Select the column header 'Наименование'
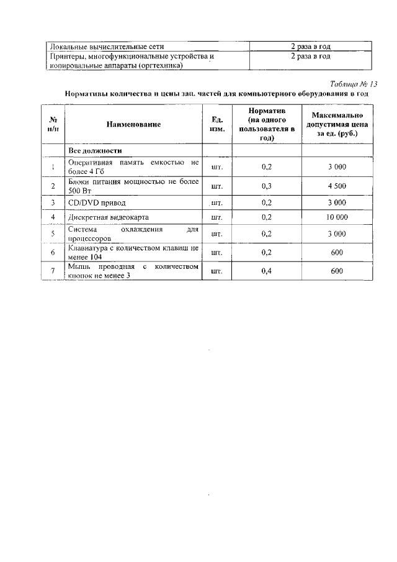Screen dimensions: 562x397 (x=133, y=124)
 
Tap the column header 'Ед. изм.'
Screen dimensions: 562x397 (x=217, y=124)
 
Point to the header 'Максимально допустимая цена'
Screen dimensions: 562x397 (x=337, y=124)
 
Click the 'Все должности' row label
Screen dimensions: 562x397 (x=94, y=150)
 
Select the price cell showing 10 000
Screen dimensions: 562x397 (x=337, y=217)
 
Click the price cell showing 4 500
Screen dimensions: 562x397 (x=337, y=186)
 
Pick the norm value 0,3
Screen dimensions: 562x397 (x=267, y=186)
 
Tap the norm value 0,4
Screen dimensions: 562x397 (x=267, y=271)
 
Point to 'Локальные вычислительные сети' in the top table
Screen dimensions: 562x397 (x=107, y=46)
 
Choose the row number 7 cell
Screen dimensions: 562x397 (x=53, y=271)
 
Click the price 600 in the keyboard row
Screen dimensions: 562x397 (x=337, y=252)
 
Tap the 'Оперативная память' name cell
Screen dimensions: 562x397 (x=133, y=166)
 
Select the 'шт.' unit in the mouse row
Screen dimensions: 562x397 (x=217, y=271)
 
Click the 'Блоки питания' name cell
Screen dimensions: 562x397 (x=133, y=186)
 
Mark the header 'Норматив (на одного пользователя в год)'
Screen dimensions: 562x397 (x=267, y=124)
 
